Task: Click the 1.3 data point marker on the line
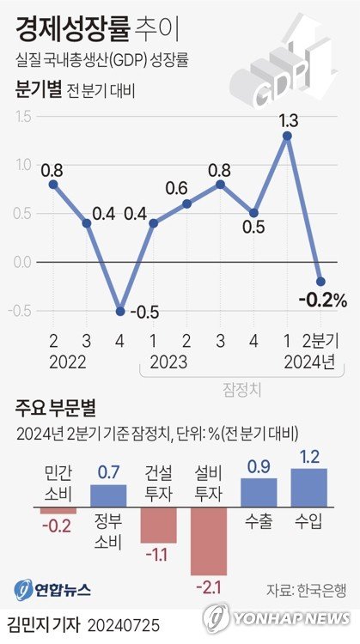click(287, 136)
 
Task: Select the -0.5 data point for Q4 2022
click(120, 311)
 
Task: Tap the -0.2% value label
click(322, 300)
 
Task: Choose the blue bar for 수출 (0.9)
click(259, 490)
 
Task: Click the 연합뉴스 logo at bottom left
click(53, 590)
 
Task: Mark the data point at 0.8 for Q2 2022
click(53, 184)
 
